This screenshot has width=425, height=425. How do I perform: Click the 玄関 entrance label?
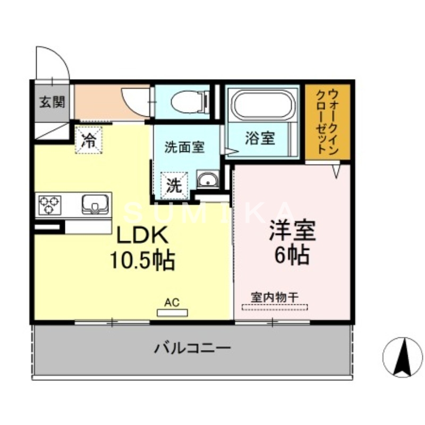(x=52, y=101)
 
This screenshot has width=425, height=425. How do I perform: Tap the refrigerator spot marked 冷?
(x=89, y=140)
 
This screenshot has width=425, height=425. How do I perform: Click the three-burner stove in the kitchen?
(x=49, y=205)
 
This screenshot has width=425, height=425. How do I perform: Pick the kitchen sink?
(x=95, y=205)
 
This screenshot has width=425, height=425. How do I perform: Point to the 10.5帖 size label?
(x=142, y=260)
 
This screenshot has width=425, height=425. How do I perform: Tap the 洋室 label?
(x=292, y=231)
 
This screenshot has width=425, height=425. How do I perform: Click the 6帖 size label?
(x=292, y=257)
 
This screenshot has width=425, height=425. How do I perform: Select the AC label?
(x=172, y=302)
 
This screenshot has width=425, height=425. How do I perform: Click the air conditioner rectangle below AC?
(x=172, y=312)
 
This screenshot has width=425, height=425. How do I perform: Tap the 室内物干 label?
(x=274, y=297)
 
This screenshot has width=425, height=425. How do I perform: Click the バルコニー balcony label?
(x=193, y=349)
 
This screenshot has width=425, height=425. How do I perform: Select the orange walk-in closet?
(x=327, y=122)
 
